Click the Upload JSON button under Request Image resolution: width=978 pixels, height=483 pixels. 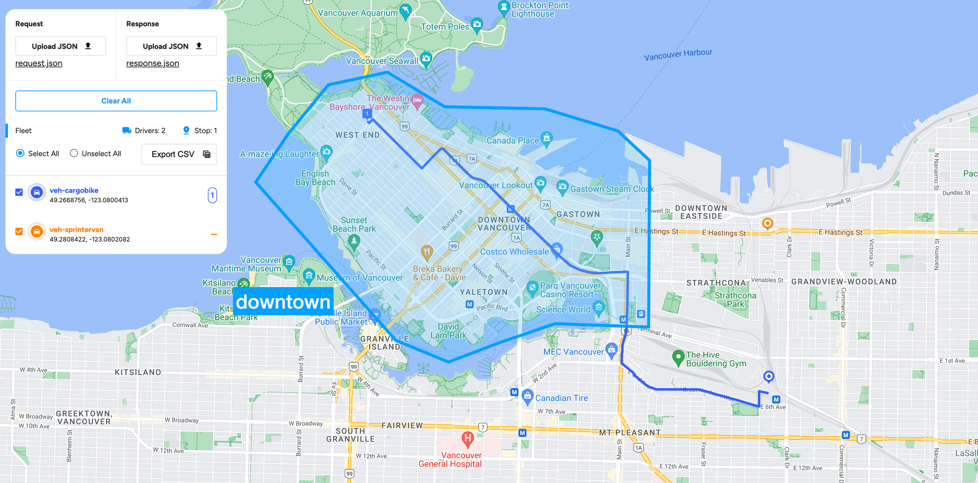(61, 46)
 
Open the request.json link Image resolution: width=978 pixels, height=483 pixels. (39, 63)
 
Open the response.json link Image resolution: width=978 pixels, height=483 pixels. (153, 63)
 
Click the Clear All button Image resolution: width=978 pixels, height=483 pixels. (116, 101)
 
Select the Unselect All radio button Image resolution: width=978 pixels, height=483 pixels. (74, 153)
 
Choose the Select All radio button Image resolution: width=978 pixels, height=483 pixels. (20, 153)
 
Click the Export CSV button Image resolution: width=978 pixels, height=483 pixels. (179, 154)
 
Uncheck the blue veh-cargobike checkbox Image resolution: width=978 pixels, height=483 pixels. (19, 192)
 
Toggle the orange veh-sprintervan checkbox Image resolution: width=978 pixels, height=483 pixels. (19, 231)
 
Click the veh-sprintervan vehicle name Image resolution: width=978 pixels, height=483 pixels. (76, 230)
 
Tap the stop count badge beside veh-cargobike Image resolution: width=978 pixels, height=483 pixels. (212, 195)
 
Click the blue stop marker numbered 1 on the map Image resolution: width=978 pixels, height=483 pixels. (367, 114)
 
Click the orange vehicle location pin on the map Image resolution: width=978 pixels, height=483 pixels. (768, 224)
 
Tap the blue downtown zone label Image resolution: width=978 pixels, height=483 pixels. (283, 301)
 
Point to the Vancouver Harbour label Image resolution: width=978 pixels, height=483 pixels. (678, 54)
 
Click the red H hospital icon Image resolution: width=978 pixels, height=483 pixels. (467, 438)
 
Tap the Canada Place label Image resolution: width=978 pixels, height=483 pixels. (512, 141)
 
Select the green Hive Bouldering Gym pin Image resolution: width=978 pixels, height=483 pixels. (678, 358)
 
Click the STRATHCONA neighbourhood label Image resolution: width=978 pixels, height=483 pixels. (716, 283)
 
